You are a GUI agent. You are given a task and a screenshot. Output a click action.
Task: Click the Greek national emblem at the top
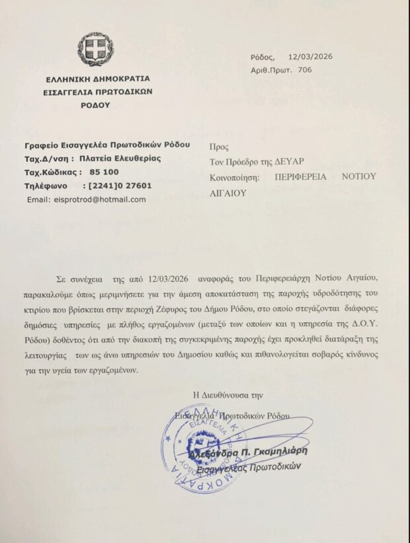[96, 49]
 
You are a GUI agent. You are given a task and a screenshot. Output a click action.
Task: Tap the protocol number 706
[305, 69]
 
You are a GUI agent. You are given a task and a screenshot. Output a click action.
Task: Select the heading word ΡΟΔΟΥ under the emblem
[97, 104]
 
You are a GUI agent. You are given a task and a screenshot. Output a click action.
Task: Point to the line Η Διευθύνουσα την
[228, 395]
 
